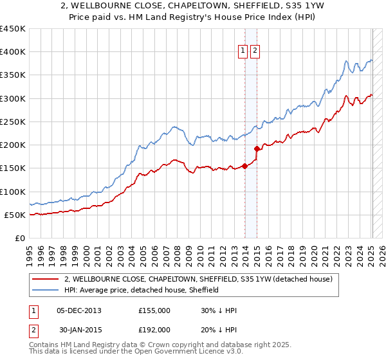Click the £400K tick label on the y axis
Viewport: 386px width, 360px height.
pyautogui.click(x=13, y=52)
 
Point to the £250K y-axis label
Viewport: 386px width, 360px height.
pyautogui.click(x=13, y=122)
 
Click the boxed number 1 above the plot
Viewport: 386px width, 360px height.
pyautogui.click(x=243, y=51)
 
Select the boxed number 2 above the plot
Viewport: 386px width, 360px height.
pyautogui.click(x=255, y=51)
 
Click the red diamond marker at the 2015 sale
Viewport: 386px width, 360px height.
pyautogui.click(x=257, y=148)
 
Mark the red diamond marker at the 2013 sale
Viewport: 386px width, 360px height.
pyautogui.click(x=244, y=166)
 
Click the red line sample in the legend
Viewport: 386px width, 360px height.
pyautogui.click(x=46, y=279)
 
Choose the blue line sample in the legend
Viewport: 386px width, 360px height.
pyautogui.click(x=46, y=290)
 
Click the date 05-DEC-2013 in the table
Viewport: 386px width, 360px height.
pyautogui.click(x=79, y=310)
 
